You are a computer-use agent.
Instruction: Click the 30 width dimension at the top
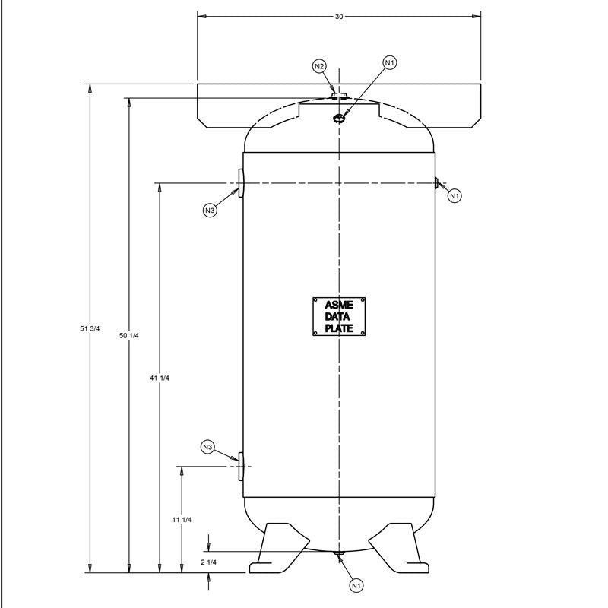(339, 16)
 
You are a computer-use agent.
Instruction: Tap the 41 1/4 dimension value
(159, 378)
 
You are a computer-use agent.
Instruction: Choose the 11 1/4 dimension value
(182, 519)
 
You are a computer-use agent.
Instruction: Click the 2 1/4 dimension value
(208, 562)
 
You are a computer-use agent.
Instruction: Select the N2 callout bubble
(320, 67)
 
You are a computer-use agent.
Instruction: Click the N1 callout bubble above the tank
(389, 62)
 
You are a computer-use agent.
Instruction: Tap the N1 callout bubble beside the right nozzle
(454, 196)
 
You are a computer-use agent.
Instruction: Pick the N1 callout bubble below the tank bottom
(356, 585)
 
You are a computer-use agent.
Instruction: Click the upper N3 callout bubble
(211, 210)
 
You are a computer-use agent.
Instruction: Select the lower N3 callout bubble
(208, 447)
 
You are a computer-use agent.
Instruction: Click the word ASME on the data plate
(339, 306)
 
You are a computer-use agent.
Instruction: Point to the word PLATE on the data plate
(339, 328)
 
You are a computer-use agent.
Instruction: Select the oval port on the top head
(339, 118)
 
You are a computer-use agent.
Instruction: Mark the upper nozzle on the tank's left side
(240, 184)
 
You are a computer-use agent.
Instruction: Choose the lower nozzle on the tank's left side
(240, 465)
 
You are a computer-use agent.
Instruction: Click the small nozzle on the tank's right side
(437, 182)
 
